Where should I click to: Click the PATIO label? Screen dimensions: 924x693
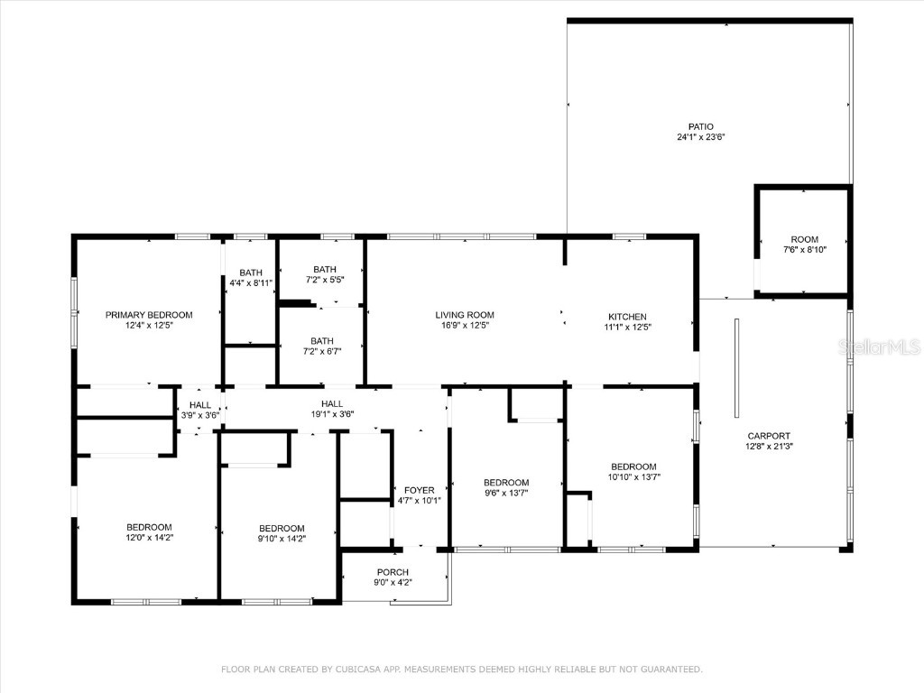click(700, 126)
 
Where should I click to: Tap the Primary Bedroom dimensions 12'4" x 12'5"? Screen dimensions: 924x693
click(149, 325)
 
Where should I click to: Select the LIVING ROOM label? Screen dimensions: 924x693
click(465, 315)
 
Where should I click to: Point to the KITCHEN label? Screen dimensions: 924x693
click(628, 317)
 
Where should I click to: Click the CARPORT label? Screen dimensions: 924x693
click(769, 436)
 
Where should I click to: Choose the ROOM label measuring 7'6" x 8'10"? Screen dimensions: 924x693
click(804, 239)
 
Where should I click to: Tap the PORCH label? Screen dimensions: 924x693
click(393, 572)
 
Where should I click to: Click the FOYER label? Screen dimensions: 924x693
click(419, 490)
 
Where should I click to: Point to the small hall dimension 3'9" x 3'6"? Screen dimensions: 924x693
click(200, 415)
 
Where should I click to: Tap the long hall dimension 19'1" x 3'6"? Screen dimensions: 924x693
click(332, 414)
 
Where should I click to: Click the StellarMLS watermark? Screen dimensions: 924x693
click(879, 346)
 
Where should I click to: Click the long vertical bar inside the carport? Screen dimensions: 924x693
click(736, 368)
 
